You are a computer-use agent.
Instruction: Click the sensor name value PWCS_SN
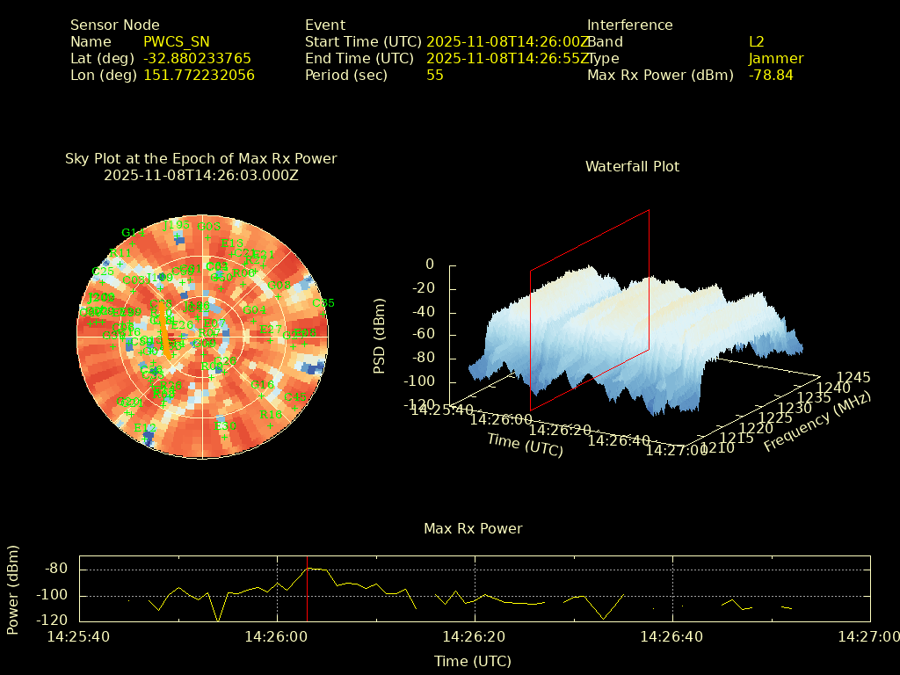[x=177, y=42]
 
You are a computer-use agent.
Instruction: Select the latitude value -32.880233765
[x=197, y=59]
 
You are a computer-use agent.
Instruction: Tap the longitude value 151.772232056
[x=199, y=76]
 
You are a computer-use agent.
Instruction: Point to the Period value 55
[x=435, y=76]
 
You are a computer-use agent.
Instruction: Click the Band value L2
[x=757, y=42]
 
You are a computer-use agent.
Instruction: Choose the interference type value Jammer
[x=776, y=59]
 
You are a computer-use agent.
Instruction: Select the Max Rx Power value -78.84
[x=771, y=76]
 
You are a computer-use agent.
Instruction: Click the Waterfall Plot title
[x=632, y=167]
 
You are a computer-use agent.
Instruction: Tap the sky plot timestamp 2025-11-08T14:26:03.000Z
[x=201, y=176]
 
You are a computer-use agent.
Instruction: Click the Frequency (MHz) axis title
[x=817, y=422]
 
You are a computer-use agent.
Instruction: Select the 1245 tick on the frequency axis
[x=853, y=378]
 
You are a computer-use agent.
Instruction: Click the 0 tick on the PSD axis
[x=430, y=265]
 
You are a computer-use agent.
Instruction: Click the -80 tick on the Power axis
[x=56, y=569]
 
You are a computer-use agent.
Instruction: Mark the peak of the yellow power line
[x=308, y=568]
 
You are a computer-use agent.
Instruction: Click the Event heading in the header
[x=325, y=25]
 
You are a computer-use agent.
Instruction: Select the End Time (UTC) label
[x=359, y=59]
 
